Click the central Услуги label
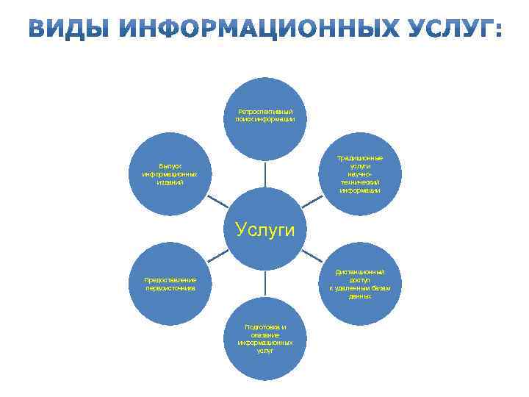(x=265, y=229)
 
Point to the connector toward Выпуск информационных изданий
(x=217, y=201)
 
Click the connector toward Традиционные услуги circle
(x=312, y=201)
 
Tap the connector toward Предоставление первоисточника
(x=217, y=257)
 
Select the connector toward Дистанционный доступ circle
(x=312, y=257)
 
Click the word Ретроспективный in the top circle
(x=265, y=111)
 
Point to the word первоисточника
(x=170, y=288)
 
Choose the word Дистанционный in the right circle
(x=360, y=272)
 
